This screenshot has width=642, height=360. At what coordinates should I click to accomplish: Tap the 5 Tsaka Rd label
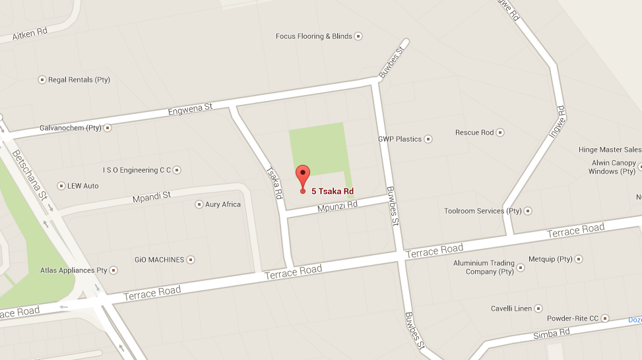tap(333, 191)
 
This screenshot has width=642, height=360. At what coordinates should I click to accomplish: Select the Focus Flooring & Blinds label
tap(314, 36)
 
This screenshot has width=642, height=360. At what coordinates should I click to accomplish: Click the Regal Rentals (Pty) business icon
tap(42, 80)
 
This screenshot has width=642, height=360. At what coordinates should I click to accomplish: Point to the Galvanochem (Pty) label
tap(71, 128)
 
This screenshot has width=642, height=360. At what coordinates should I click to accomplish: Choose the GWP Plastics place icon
tap(428, 139)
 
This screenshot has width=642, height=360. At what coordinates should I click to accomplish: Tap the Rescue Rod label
tap(474, 133)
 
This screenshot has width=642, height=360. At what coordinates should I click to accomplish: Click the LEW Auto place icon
tap(61, 186)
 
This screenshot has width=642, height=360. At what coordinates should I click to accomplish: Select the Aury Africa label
tap(223, 204)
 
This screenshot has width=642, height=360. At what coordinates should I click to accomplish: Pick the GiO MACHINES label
tap(159, 260)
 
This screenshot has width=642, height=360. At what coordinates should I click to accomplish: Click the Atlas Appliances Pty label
tap(74, 270)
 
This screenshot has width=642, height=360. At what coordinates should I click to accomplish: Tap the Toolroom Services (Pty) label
tap(483, 211)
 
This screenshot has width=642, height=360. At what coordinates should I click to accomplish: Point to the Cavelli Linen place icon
tap(538, 309)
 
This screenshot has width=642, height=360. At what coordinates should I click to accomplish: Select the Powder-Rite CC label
tap(572, 318)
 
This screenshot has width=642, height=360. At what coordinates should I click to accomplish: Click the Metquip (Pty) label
tap(551, 259)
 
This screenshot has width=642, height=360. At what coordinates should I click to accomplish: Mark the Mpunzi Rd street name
tap(337, 205)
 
